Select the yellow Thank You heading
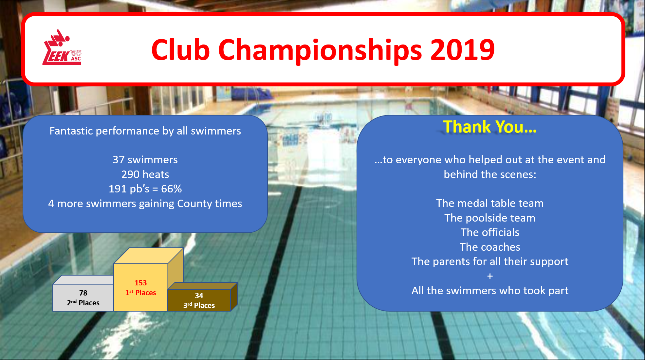coord(490,127)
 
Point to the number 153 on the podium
coord(141,283)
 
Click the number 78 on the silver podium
coord(83,293)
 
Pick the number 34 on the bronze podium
coord(199,296)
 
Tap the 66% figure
coord(172,189)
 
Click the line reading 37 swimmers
coord(145,160)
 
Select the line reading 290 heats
coord(145,174)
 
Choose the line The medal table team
coord(490,203)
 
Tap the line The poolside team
coord(490,218)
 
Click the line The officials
coord(490,232)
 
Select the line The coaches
coord(490,247)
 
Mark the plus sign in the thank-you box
coord(490,276)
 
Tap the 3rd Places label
coord(199,305)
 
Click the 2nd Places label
coord(83,303)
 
